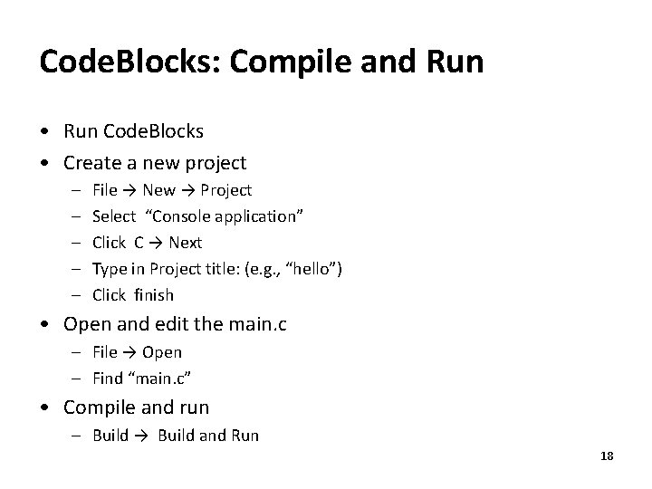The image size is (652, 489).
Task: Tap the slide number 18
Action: coord(607,456)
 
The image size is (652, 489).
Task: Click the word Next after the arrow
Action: coord(186,243)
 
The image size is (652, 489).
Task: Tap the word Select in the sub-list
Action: coord(114,216)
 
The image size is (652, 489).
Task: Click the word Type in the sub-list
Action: coord(110,269)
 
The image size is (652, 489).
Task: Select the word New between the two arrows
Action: coord(159,190)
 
